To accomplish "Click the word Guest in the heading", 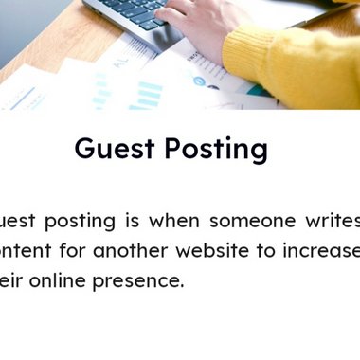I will coord(113,150).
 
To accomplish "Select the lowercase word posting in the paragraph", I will coord(80,223).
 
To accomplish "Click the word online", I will coord(76,281).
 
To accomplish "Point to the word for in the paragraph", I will coord(88,251).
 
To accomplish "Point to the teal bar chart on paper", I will coord(146,94).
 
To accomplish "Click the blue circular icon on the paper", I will coord(199,81).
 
